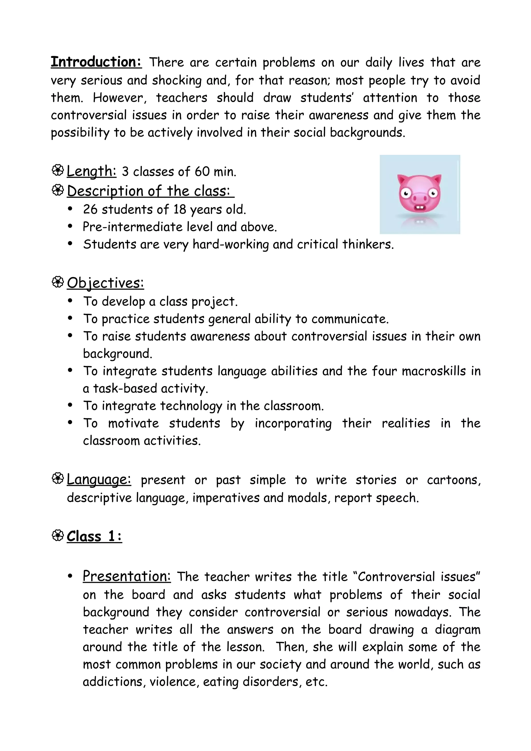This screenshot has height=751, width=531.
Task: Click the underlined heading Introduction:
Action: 96,62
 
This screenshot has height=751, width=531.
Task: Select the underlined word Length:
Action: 91,171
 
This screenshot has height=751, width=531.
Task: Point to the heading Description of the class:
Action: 150,191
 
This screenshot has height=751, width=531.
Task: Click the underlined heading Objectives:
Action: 105,283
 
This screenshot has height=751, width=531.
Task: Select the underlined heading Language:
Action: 99,480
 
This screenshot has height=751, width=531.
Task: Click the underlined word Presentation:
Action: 127,576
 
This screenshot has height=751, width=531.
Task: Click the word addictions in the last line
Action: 114,682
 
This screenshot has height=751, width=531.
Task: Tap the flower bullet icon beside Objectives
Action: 58,282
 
